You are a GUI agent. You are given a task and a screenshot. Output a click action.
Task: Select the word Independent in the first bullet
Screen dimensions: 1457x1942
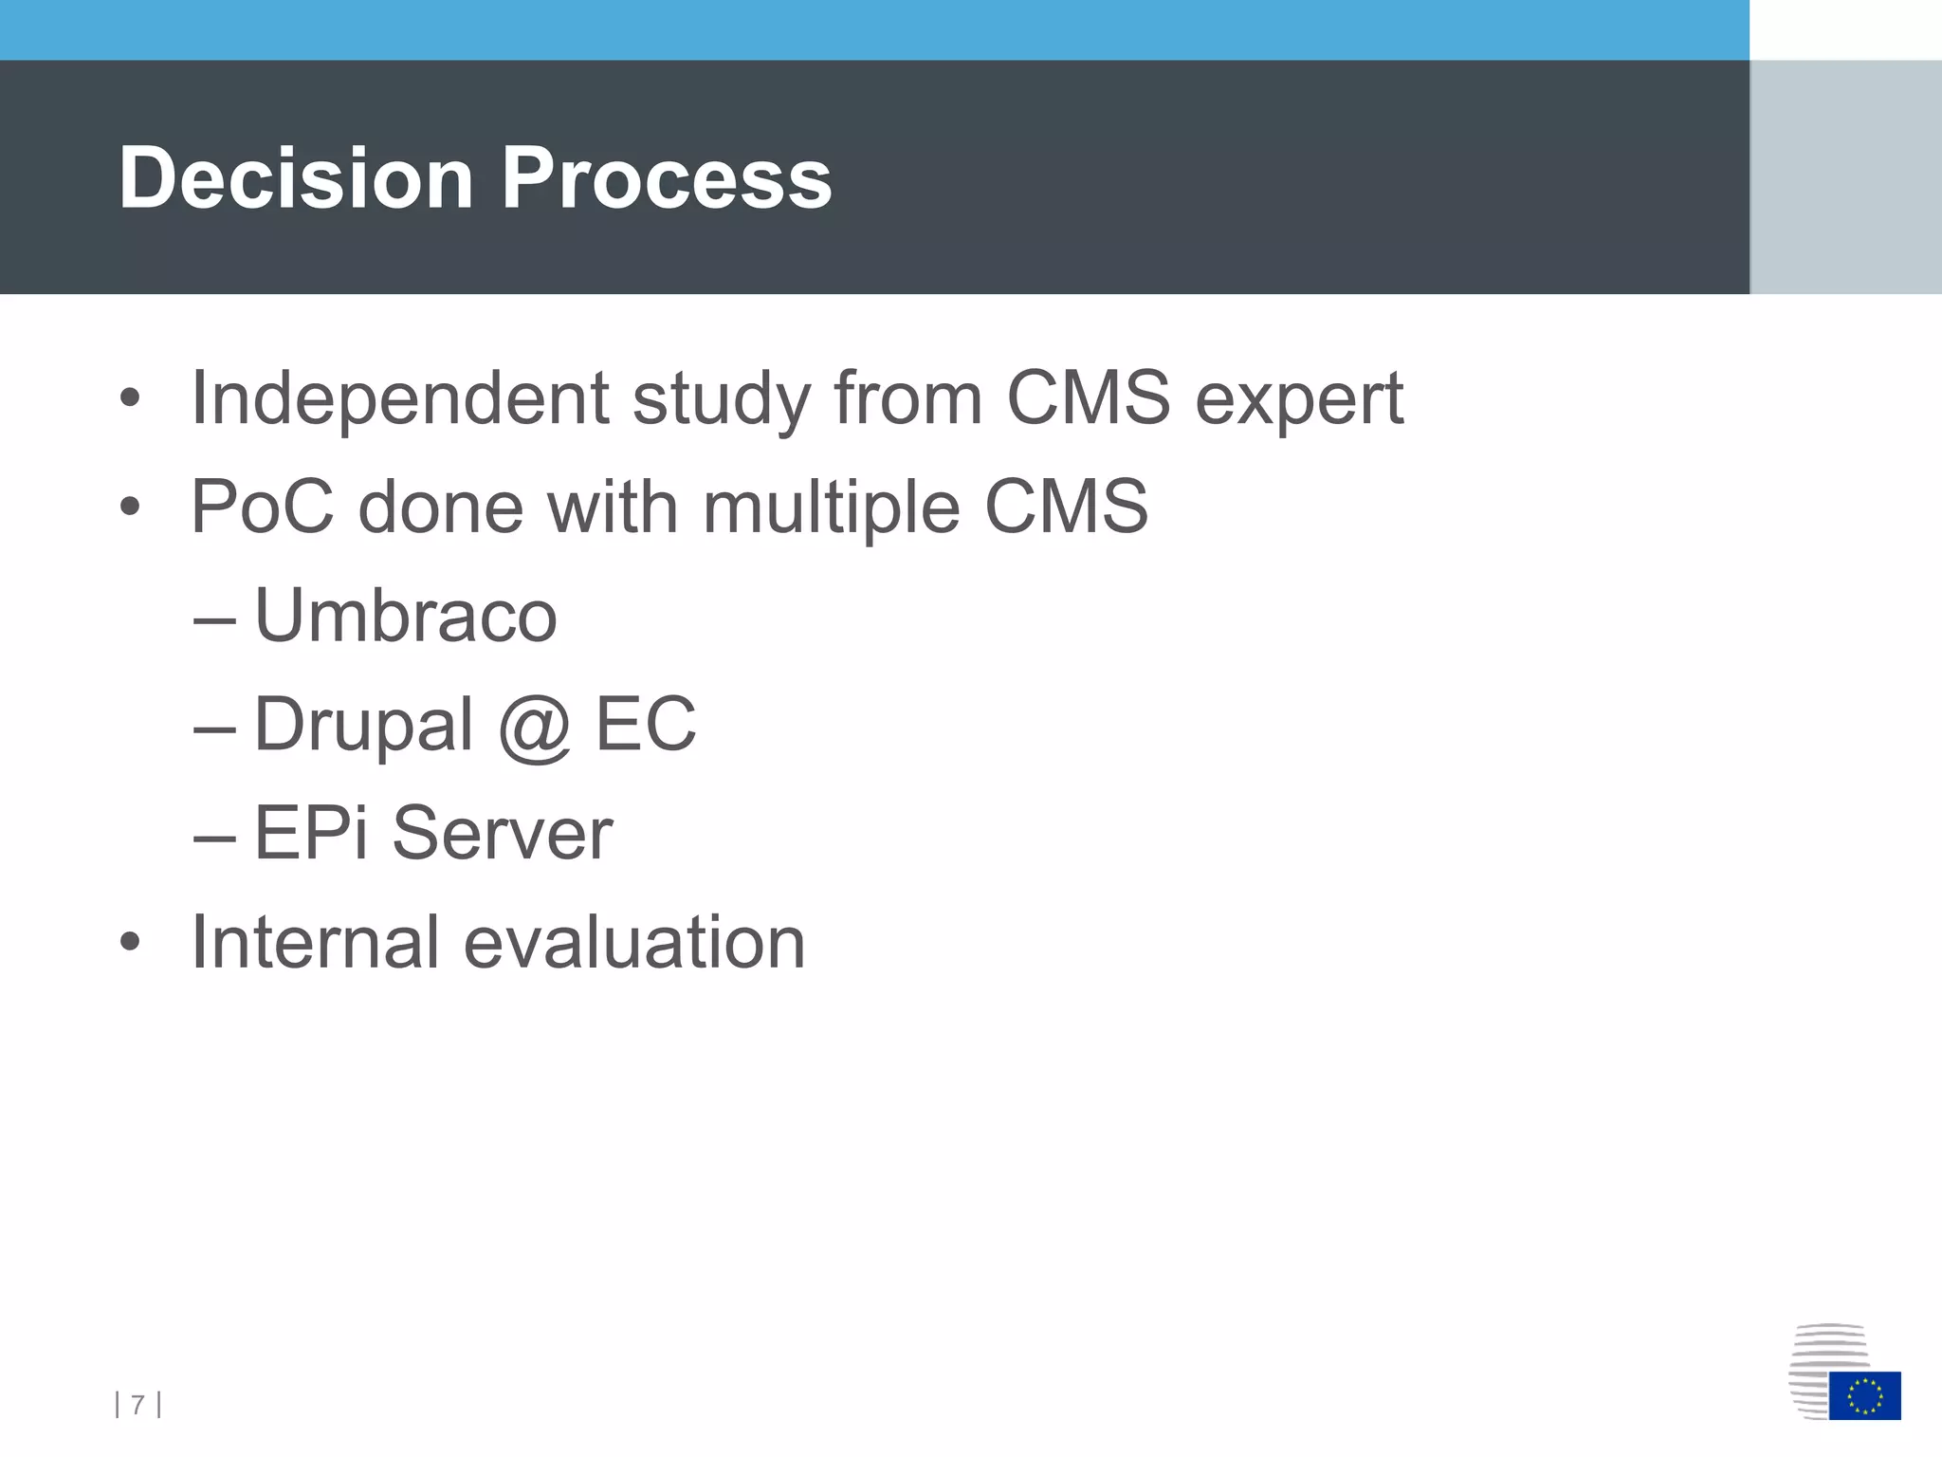399,398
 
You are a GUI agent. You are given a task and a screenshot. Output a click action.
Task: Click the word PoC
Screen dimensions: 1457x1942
263,507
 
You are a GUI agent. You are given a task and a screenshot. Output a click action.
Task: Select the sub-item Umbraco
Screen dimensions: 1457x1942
406,616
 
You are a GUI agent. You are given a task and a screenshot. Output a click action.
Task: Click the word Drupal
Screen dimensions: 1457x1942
363,726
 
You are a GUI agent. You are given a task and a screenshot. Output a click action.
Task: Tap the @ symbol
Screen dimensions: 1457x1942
534,728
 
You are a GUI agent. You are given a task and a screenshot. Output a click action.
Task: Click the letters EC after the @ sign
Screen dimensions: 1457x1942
645,725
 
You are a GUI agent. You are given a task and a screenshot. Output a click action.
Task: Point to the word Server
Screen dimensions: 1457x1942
502,833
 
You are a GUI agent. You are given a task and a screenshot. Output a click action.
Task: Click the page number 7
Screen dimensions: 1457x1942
138,1404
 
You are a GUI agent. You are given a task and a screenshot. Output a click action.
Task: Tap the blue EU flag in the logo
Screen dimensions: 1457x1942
1864,1395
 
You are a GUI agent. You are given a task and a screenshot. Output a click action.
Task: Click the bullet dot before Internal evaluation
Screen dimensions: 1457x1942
130,943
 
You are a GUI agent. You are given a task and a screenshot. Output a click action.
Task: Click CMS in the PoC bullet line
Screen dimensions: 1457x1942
1066,507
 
